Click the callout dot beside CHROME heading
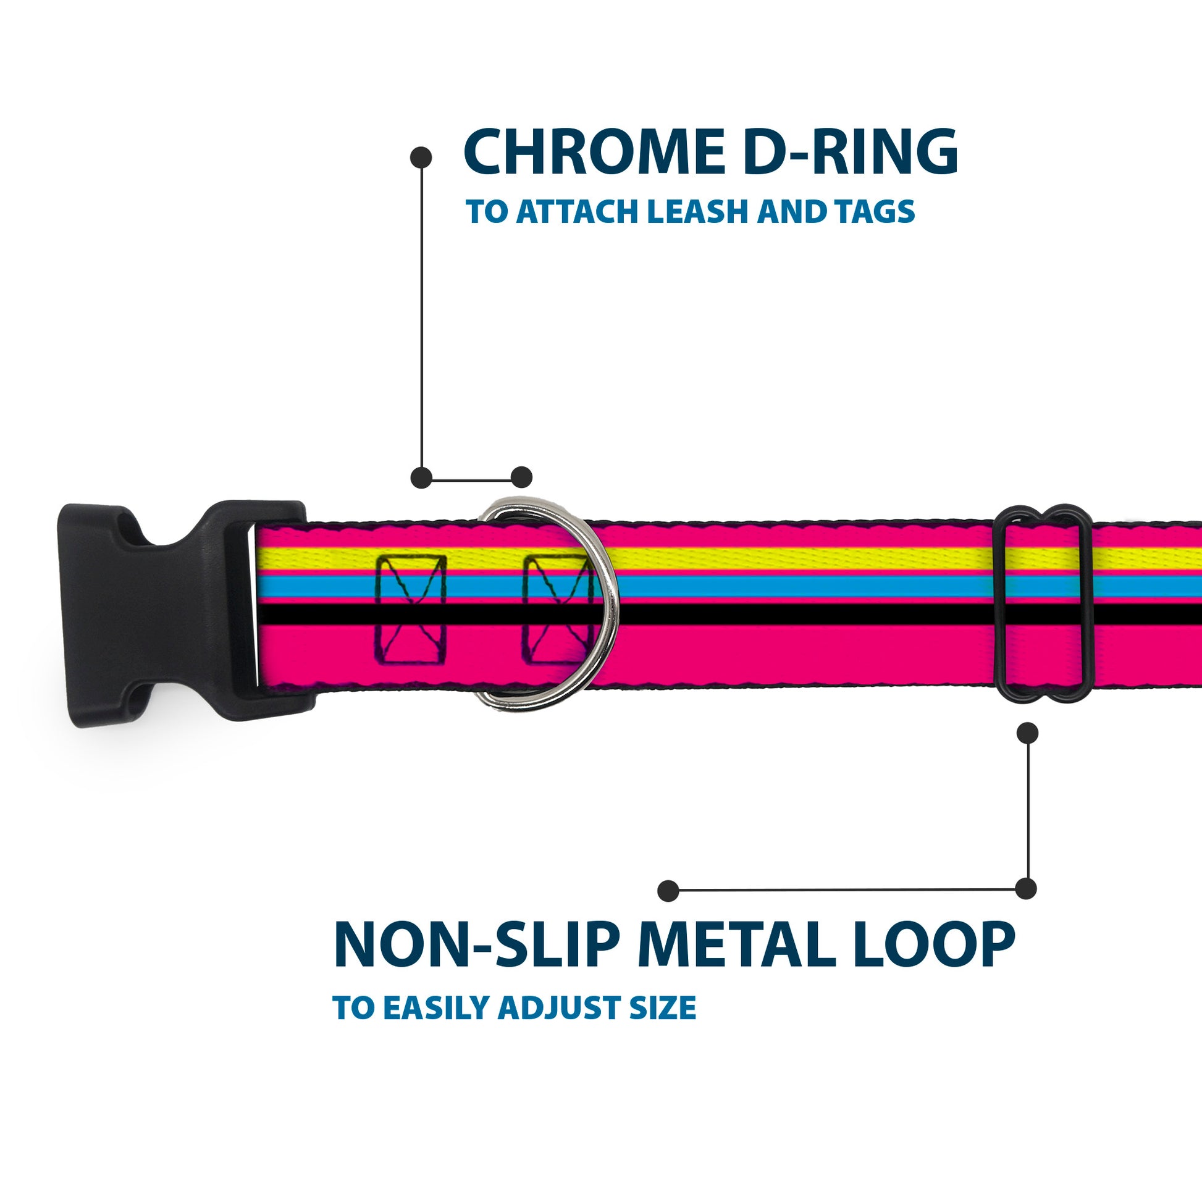(x=421, y=158)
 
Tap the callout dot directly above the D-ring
(x=521, y=477)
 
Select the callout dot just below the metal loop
(x=1027, y=733)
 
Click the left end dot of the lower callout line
(x=668, y=890)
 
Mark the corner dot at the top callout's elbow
(x=421, y=477)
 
